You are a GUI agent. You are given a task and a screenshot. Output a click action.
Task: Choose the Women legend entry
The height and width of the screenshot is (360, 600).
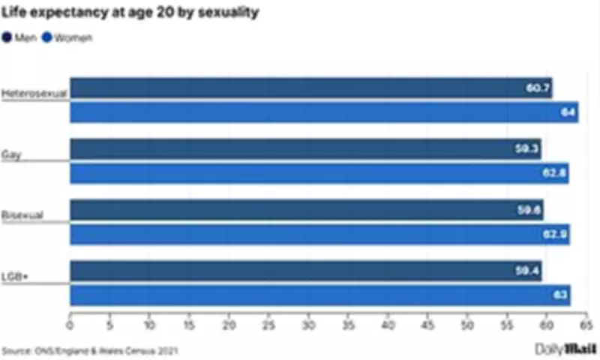(x=68, y=37)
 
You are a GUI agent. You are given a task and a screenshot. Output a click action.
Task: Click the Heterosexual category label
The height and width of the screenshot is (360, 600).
(x=34, y=94)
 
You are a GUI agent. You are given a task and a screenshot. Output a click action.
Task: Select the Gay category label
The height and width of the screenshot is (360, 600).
(x=13, y=154)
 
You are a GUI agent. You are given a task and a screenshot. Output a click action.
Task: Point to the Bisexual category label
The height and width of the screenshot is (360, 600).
(x=22, y=215)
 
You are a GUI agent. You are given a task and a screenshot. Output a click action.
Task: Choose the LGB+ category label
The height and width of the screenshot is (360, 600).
(x=15, y=276)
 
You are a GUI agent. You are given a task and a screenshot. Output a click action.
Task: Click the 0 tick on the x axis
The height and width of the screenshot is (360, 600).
(x=70, y=326)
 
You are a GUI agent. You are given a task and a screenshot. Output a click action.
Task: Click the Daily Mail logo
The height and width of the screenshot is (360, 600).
(x=565, y=349)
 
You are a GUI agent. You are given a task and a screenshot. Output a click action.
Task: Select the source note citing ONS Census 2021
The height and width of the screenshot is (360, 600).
(x=90, y=350)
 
